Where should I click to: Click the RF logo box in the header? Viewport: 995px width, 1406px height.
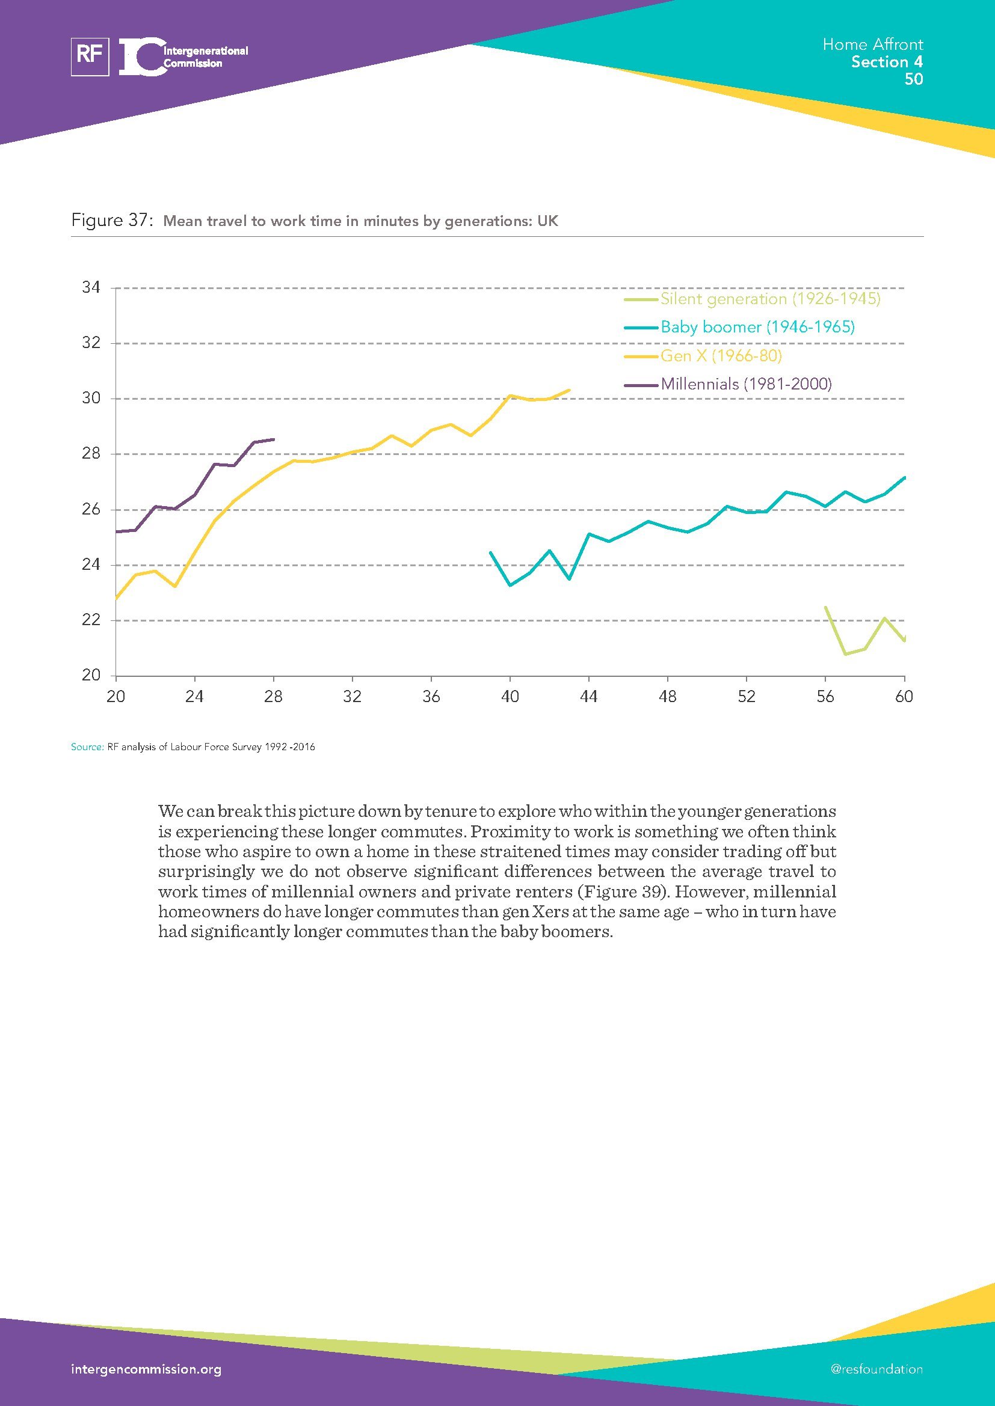90,57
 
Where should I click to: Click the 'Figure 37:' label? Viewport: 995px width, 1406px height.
111,221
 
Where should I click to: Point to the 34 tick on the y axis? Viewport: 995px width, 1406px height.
91,287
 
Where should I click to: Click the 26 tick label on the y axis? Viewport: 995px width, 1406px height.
91,510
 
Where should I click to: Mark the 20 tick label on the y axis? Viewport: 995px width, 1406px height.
91,675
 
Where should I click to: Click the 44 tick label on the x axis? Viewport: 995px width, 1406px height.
588,696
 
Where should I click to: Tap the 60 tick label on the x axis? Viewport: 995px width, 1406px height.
904,696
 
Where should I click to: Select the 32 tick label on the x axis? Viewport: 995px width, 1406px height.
353,696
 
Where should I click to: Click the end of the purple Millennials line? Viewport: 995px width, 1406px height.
273,439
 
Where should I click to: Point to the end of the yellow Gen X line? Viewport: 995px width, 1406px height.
569,390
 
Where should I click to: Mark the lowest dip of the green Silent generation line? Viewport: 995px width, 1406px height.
845,654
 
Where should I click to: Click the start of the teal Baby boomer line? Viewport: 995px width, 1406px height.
490,552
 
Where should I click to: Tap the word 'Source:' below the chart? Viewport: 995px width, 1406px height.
87,747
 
